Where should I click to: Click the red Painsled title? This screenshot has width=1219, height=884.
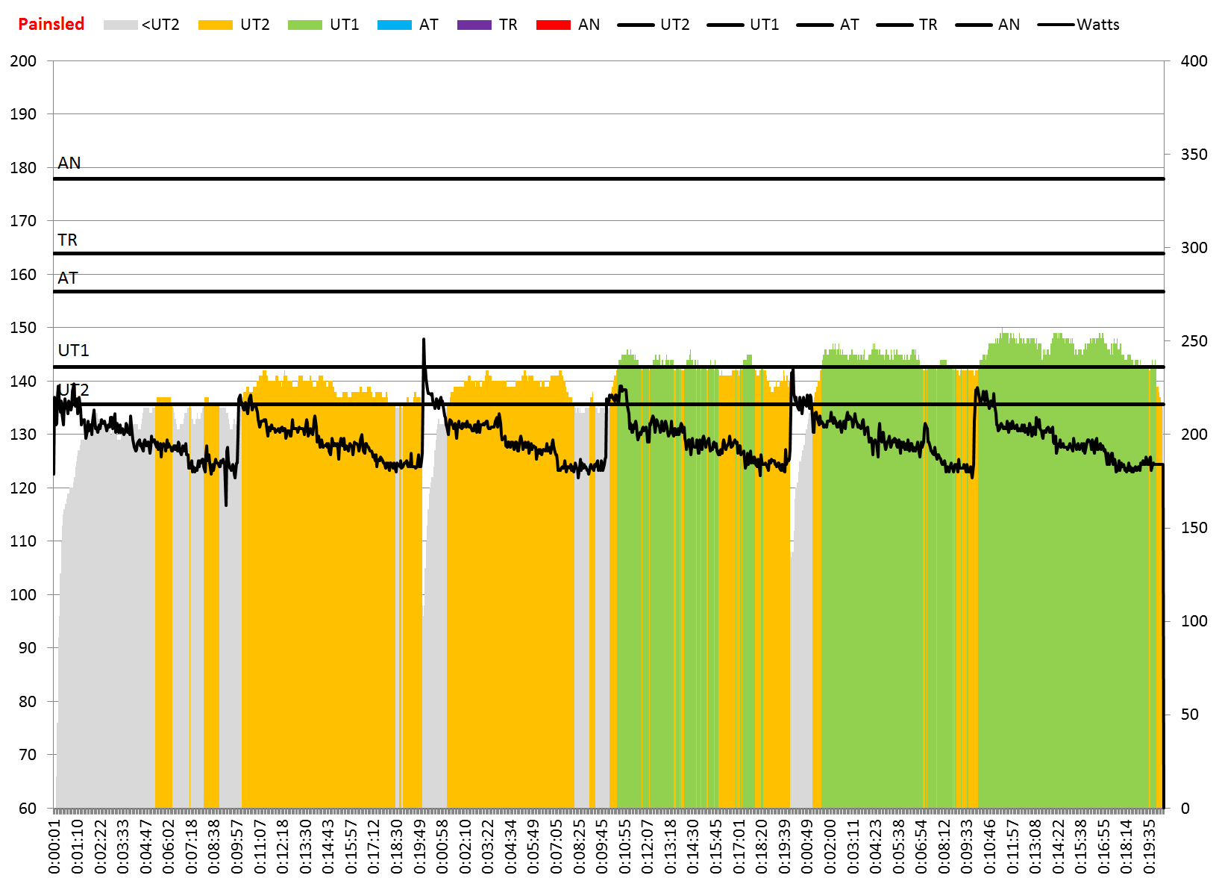click(51, 24)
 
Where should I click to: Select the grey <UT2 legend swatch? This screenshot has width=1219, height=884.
click(120, 25)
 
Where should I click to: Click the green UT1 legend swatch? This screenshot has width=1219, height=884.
click(304, 25)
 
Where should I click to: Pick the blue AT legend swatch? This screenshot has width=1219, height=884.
click(394, 25)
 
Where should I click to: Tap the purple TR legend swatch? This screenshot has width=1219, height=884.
click(474, 25)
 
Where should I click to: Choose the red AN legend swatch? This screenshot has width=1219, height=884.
click(553, 25)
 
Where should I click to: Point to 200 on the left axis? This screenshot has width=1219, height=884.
click(23, 61)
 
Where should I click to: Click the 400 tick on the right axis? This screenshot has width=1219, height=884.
click(1194, 61)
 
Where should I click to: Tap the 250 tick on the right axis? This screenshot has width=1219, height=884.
click(1194, 341)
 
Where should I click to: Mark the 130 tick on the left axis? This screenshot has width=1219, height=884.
click(23, 435)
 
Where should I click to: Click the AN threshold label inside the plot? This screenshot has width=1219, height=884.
click(69, 163)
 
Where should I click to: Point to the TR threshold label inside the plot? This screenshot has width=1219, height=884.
click(68, 240)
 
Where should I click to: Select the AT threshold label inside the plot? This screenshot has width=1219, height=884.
click(68, 278)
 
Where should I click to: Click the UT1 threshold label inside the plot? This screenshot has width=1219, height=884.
click(73, 350)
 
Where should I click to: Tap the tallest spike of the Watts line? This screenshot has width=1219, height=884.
click(424, 340)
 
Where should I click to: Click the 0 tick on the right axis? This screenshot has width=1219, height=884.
click(1185, 808)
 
